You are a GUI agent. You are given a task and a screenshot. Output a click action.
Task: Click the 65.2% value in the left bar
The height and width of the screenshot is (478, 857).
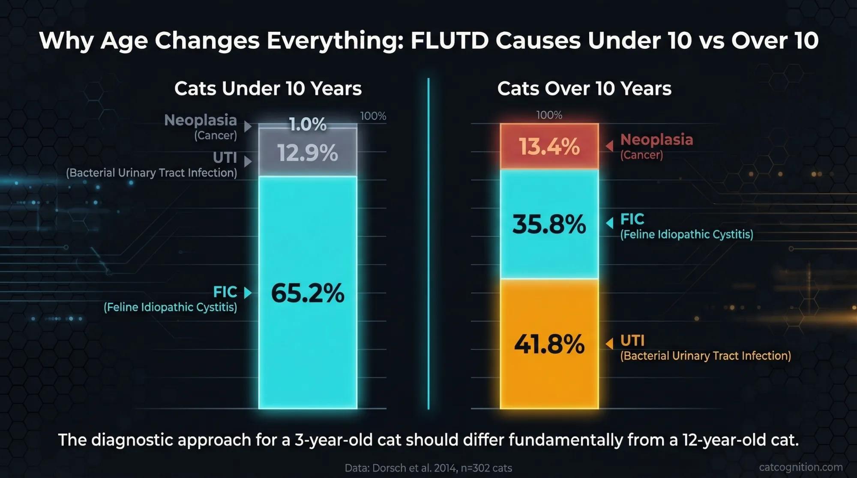click(308, 293)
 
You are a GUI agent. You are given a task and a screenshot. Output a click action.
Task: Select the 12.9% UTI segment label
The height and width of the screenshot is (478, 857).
click(308, 153)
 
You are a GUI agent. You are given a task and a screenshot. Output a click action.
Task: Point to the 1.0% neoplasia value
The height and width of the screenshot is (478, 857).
click(308, 125)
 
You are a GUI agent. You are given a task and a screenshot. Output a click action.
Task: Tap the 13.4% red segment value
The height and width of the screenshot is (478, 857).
click(549, 146)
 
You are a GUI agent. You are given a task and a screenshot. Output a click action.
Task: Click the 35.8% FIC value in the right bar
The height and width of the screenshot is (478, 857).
click(549, 224)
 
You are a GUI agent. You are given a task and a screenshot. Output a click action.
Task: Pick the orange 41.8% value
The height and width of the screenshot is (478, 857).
click(549, 344)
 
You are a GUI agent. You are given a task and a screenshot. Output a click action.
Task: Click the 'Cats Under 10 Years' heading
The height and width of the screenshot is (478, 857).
click(268, 89)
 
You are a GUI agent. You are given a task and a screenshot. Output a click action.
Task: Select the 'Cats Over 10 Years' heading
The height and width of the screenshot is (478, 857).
click(584, 89)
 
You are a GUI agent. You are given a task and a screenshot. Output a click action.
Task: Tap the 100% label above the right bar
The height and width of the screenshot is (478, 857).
click(549, 115)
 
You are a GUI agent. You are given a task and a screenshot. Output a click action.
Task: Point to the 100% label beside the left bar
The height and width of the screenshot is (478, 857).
click(373, 116)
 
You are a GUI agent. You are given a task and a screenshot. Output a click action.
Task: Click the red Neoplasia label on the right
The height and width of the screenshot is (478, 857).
click(656, 140)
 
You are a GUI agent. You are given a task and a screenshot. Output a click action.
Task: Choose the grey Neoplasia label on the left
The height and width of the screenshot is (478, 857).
click(201, 120)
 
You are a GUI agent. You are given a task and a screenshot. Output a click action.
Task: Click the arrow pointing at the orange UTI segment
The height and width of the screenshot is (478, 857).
click(609, 344)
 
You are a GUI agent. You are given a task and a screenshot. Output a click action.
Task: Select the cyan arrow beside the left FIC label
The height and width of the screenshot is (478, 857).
click(248, 293)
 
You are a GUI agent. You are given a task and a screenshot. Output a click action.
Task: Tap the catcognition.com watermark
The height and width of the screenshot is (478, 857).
click(800, 467)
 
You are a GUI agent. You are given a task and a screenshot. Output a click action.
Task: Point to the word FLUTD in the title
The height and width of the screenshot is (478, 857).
click(449, 41)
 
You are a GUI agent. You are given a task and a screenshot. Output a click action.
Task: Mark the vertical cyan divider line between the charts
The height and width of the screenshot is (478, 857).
click(428, 244)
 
